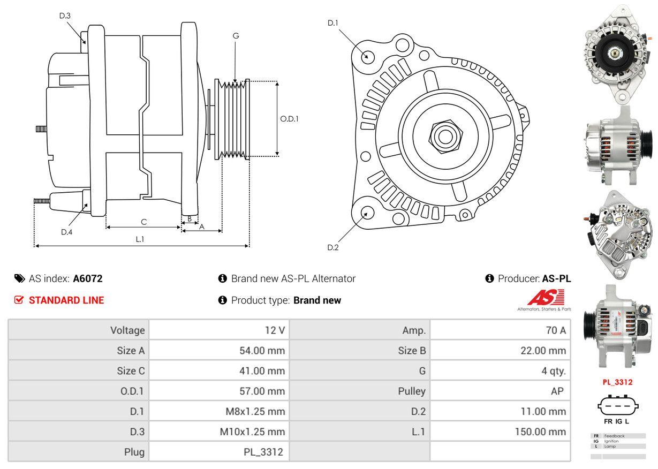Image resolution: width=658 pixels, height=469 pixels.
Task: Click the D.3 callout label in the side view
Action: click(65, 16)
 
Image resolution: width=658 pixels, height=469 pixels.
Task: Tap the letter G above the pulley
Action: click(236, 36)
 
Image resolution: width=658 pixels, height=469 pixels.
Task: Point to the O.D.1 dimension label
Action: click(289, 119)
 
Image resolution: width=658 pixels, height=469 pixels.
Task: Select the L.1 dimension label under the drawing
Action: click(140, 239)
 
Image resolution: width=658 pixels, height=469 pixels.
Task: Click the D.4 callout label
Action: click(66, 232)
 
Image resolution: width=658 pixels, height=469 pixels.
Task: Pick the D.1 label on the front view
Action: click(333, 23)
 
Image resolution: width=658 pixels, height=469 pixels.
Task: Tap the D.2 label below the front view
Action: click(333, 247)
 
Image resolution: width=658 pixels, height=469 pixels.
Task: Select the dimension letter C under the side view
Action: click(143, 222)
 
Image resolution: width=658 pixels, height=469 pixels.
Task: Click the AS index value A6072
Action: click(88, 278)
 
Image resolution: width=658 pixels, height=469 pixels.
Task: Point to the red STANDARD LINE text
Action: click(66, 300)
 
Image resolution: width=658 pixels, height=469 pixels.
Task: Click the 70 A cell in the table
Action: click(555, 330)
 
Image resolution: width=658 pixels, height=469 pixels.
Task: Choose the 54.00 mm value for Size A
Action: click(262, 351)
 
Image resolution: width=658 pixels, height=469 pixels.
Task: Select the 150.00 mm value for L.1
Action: click(540, 432)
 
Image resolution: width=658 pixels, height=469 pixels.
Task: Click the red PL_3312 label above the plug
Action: click(617, 382)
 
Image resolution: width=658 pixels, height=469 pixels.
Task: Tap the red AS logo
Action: click(546, 298)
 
